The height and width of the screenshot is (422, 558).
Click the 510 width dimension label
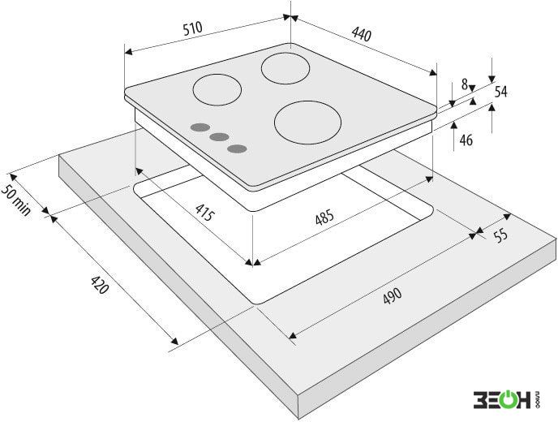click(192, 28)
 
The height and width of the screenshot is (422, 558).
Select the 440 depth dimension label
click(362, 34)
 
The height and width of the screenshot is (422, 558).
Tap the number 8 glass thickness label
click(465, 84)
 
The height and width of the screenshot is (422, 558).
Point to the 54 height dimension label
click(500, 92)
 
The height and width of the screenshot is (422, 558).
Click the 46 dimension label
click(466, 140)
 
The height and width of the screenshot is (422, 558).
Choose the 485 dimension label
click(324, 217)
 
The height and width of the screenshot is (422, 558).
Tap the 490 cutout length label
click(393, 296)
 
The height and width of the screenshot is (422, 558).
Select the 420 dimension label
click(99, 285)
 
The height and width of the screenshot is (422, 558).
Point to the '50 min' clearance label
click(16, 200)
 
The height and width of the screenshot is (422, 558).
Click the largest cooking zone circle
click(307, 123)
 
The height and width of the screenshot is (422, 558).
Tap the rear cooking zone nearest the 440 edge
click(285, 69)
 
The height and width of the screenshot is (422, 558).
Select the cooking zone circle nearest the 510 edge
click(217, 90)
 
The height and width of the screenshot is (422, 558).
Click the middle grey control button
click(219, 137)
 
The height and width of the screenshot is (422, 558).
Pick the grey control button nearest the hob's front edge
click(238, 149)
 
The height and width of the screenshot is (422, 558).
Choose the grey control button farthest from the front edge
click(200, 127)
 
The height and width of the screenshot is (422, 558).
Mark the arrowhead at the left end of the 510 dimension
click(128, 52)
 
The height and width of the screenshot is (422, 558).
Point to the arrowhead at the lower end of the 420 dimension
click(174, 341)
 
